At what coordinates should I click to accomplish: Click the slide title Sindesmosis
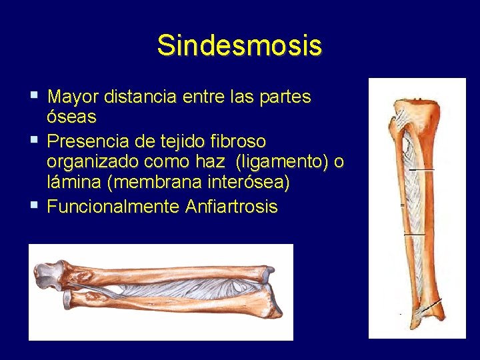239,46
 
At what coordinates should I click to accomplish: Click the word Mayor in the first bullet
73,97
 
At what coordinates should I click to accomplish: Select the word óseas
71,117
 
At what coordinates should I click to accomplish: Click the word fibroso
237,141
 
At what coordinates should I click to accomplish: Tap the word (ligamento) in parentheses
287,162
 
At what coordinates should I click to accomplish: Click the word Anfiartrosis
231,207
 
